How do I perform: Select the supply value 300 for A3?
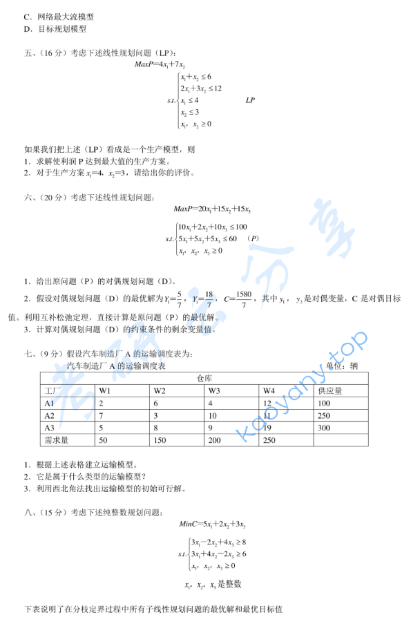[x=325, y=428]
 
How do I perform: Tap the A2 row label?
[x=49, y=415]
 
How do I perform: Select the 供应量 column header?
[x=330, y=390]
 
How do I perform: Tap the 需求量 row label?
[x=55, y=440]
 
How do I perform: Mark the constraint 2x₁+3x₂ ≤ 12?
[x=201, y=88]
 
